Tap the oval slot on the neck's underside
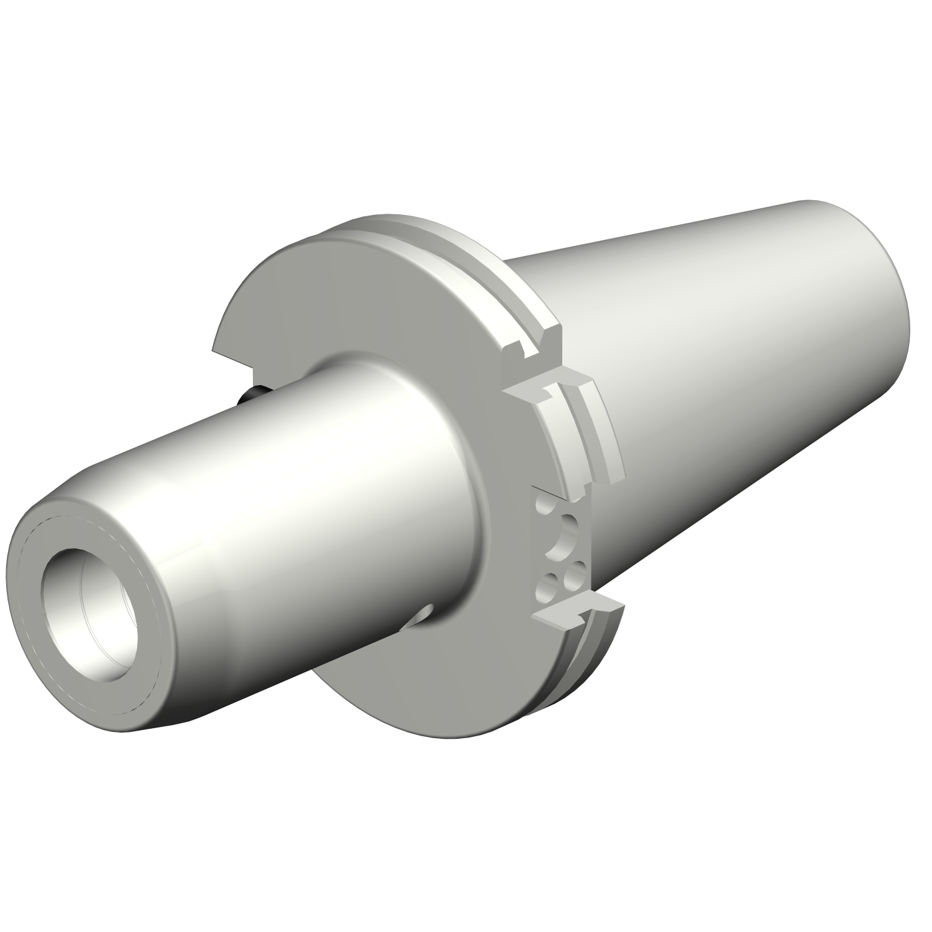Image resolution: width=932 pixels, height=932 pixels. pos(420,614)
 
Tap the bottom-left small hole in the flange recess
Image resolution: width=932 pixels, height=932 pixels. pos(547,584)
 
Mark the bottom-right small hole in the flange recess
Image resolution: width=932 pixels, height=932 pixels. pos(575,570)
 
